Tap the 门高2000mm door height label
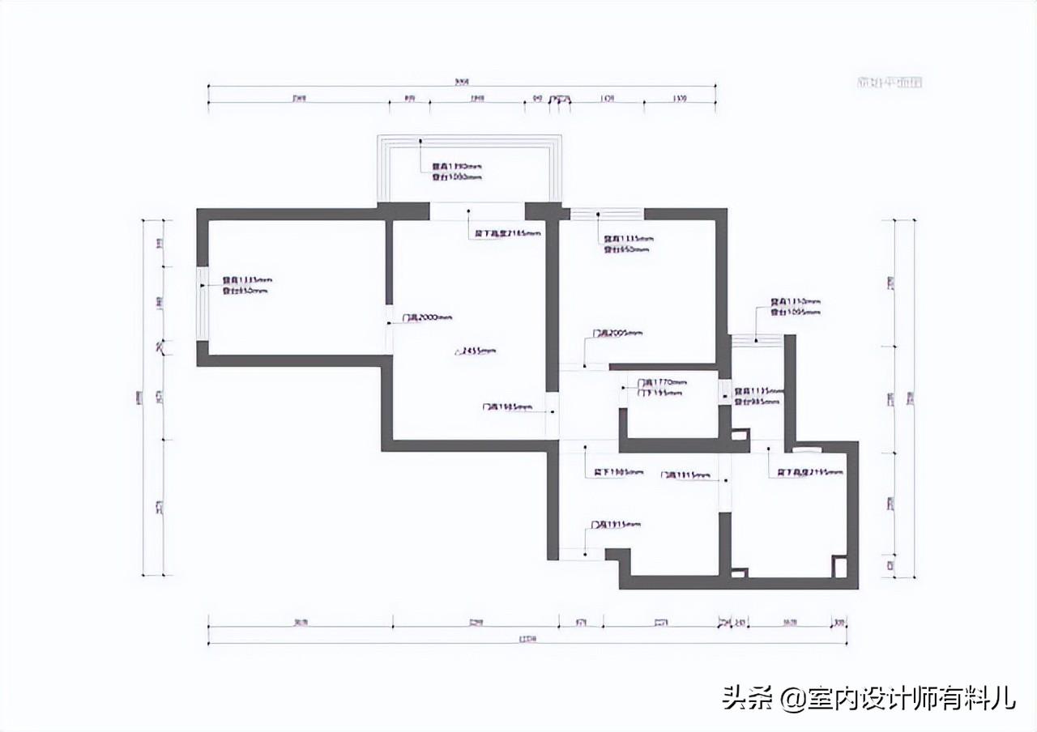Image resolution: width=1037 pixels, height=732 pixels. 427,317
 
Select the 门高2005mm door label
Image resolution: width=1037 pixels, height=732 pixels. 617,333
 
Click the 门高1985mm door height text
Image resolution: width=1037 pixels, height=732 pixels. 507,406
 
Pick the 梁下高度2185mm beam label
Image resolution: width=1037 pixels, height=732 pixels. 506,233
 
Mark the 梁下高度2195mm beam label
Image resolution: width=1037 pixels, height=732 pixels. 810,471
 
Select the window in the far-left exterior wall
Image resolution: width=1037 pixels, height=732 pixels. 203,304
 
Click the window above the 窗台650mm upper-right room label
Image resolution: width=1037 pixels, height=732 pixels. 608,214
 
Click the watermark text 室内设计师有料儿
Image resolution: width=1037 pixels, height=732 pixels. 911,697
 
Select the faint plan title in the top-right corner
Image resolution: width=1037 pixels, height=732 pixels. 890,82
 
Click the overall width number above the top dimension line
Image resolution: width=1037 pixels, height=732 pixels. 463,81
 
